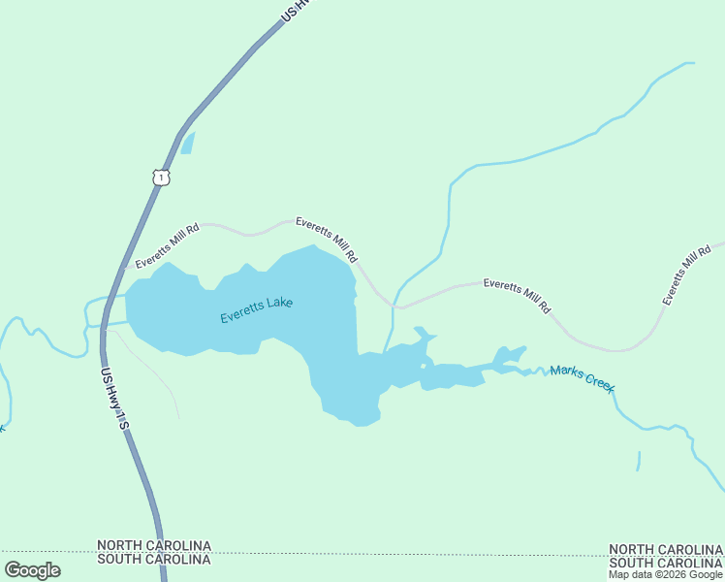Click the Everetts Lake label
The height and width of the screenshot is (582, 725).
pos(256,310)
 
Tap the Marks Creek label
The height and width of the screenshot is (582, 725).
pos(582,377)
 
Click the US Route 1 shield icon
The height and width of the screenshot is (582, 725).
pos(161,177)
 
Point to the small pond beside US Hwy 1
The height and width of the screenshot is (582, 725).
pos(187,144)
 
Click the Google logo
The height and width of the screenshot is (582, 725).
pos(33,570)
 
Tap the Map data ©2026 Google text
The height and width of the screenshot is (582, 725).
pos(666,574)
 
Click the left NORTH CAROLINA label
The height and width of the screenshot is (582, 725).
pos(154,547)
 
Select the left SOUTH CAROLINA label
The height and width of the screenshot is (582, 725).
pos(154,560)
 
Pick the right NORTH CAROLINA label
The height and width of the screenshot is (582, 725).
pos(666,550)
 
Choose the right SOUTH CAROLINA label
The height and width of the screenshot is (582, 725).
pos(666,563)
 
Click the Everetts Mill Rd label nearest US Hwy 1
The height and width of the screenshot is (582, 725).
pos(167,245)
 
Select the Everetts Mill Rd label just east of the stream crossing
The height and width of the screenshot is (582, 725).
pos(517,296)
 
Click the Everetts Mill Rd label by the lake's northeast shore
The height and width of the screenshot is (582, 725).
pos(328,240)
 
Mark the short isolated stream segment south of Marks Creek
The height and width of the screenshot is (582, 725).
pos(639,461)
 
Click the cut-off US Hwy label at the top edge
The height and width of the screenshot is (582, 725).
pos(299,10)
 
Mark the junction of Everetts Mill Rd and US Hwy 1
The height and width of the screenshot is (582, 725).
pos(124,267)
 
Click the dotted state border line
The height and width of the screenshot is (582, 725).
pos(388,555)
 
